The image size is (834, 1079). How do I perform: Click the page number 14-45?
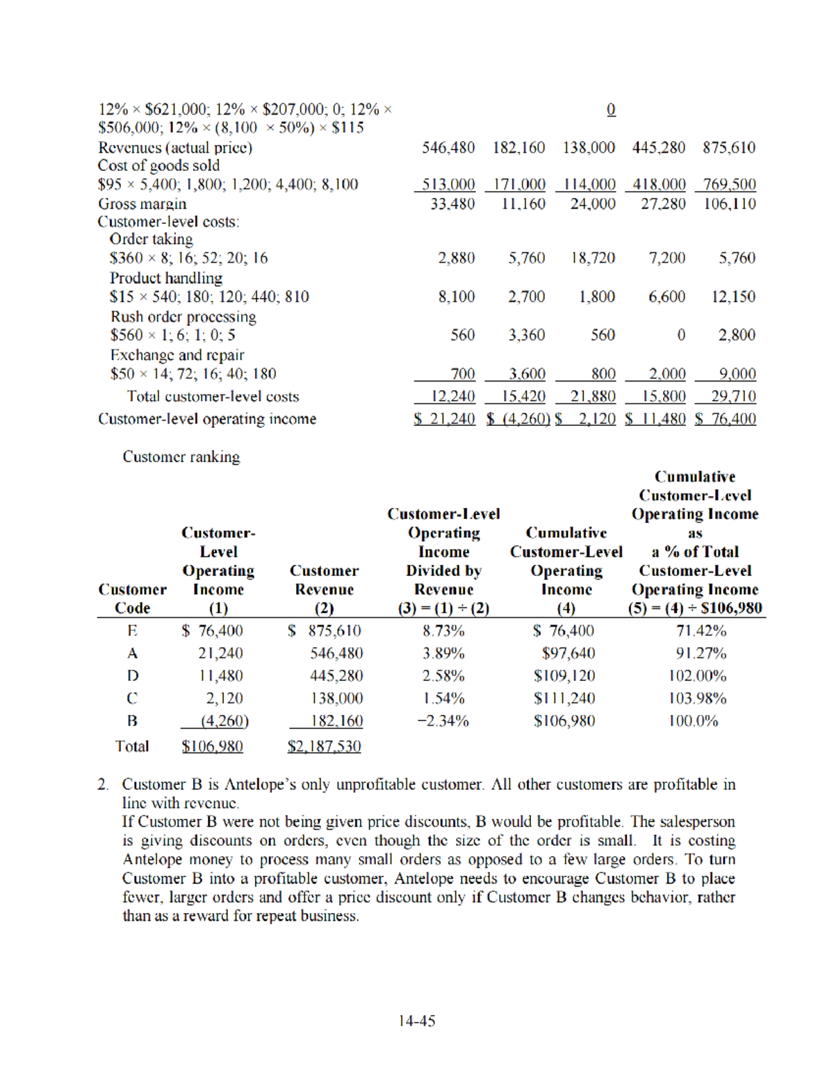point(416,1021)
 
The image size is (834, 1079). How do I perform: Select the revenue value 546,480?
point(448,148)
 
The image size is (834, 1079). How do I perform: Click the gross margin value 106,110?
point(729,204)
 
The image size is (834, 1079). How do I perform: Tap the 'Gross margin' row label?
point(142,204)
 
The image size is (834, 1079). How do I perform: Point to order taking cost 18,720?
point(592,258)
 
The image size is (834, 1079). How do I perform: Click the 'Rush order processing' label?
point(183,317)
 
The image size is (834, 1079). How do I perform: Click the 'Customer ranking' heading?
point(181,456)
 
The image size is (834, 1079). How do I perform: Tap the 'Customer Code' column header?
point(132,598)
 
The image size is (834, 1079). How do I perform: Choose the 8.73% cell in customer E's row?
point(443,631)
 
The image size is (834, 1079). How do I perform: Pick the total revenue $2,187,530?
point(325,746)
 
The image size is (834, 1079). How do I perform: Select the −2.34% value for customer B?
point(443,721)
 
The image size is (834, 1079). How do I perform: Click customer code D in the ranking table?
point(132,675)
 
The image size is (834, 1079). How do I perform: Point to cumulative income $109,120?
point(564,675)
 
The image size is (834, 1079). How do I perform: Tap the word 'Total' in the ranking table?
point(132,746)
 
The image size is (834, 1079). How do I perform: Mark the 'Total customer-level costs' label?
point(213,396)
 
